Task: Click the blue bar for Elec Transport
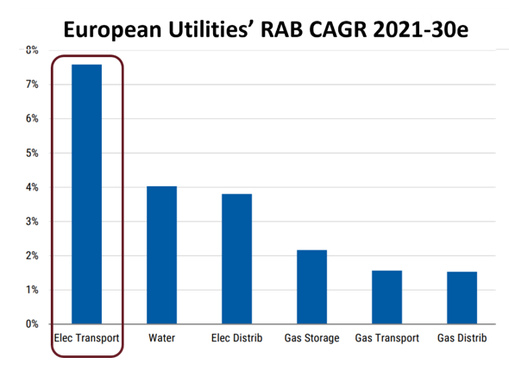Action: (87, 194)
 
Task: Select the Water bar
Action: (162, 255)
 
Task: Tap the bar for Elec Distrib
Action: (236, 259)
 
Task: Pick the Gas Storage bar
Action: (311, 287)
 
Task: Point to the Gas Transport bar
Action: (386, 298)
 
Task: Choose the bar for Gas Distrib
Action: (462, 298)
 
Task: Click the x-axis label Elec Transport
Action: (87, 338)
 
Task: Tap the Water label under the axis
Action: (162, 338)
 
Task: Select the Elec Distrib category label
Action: (236, 338)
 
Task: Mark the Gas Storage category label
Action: (311, 338)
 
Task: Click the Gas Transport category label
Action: (386, 338)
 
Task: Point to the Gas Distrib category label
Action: (462, 338)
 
